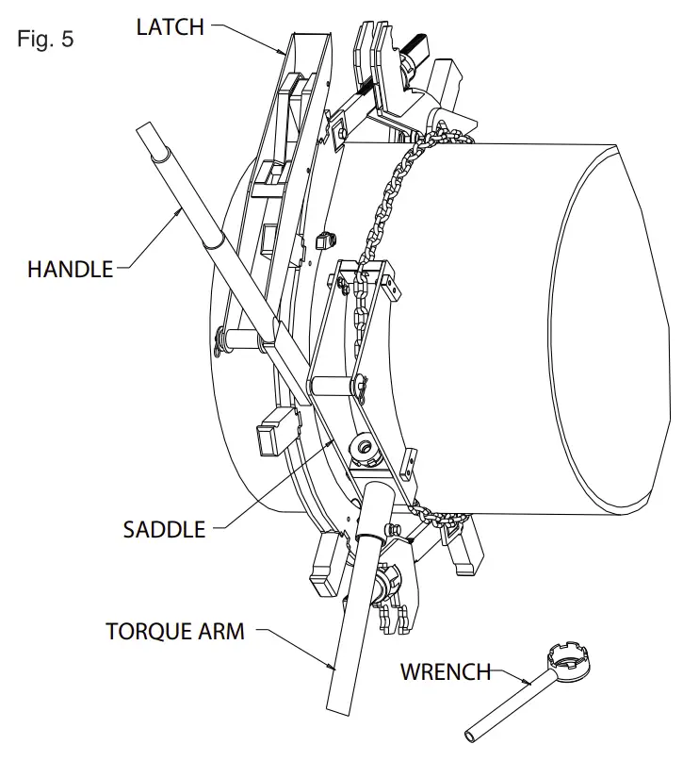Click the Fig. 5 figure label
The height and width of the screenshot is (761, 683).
[x=45, y=40]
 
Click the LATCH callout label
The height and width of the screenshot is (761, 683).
[x=170, y=27]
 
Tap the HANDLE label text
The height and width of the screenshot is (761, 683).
[x=70, y=269]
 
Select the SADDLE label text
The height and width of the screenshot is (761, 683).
[x=164, y=530]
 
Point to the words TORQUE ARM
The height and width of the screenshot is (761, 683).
[x=175, y=632]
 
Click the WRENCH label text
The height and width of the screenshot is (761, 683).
[x=447, y=672]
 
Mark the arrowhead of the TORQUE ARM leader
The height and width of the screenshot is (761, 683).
[x=333, y=668]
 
